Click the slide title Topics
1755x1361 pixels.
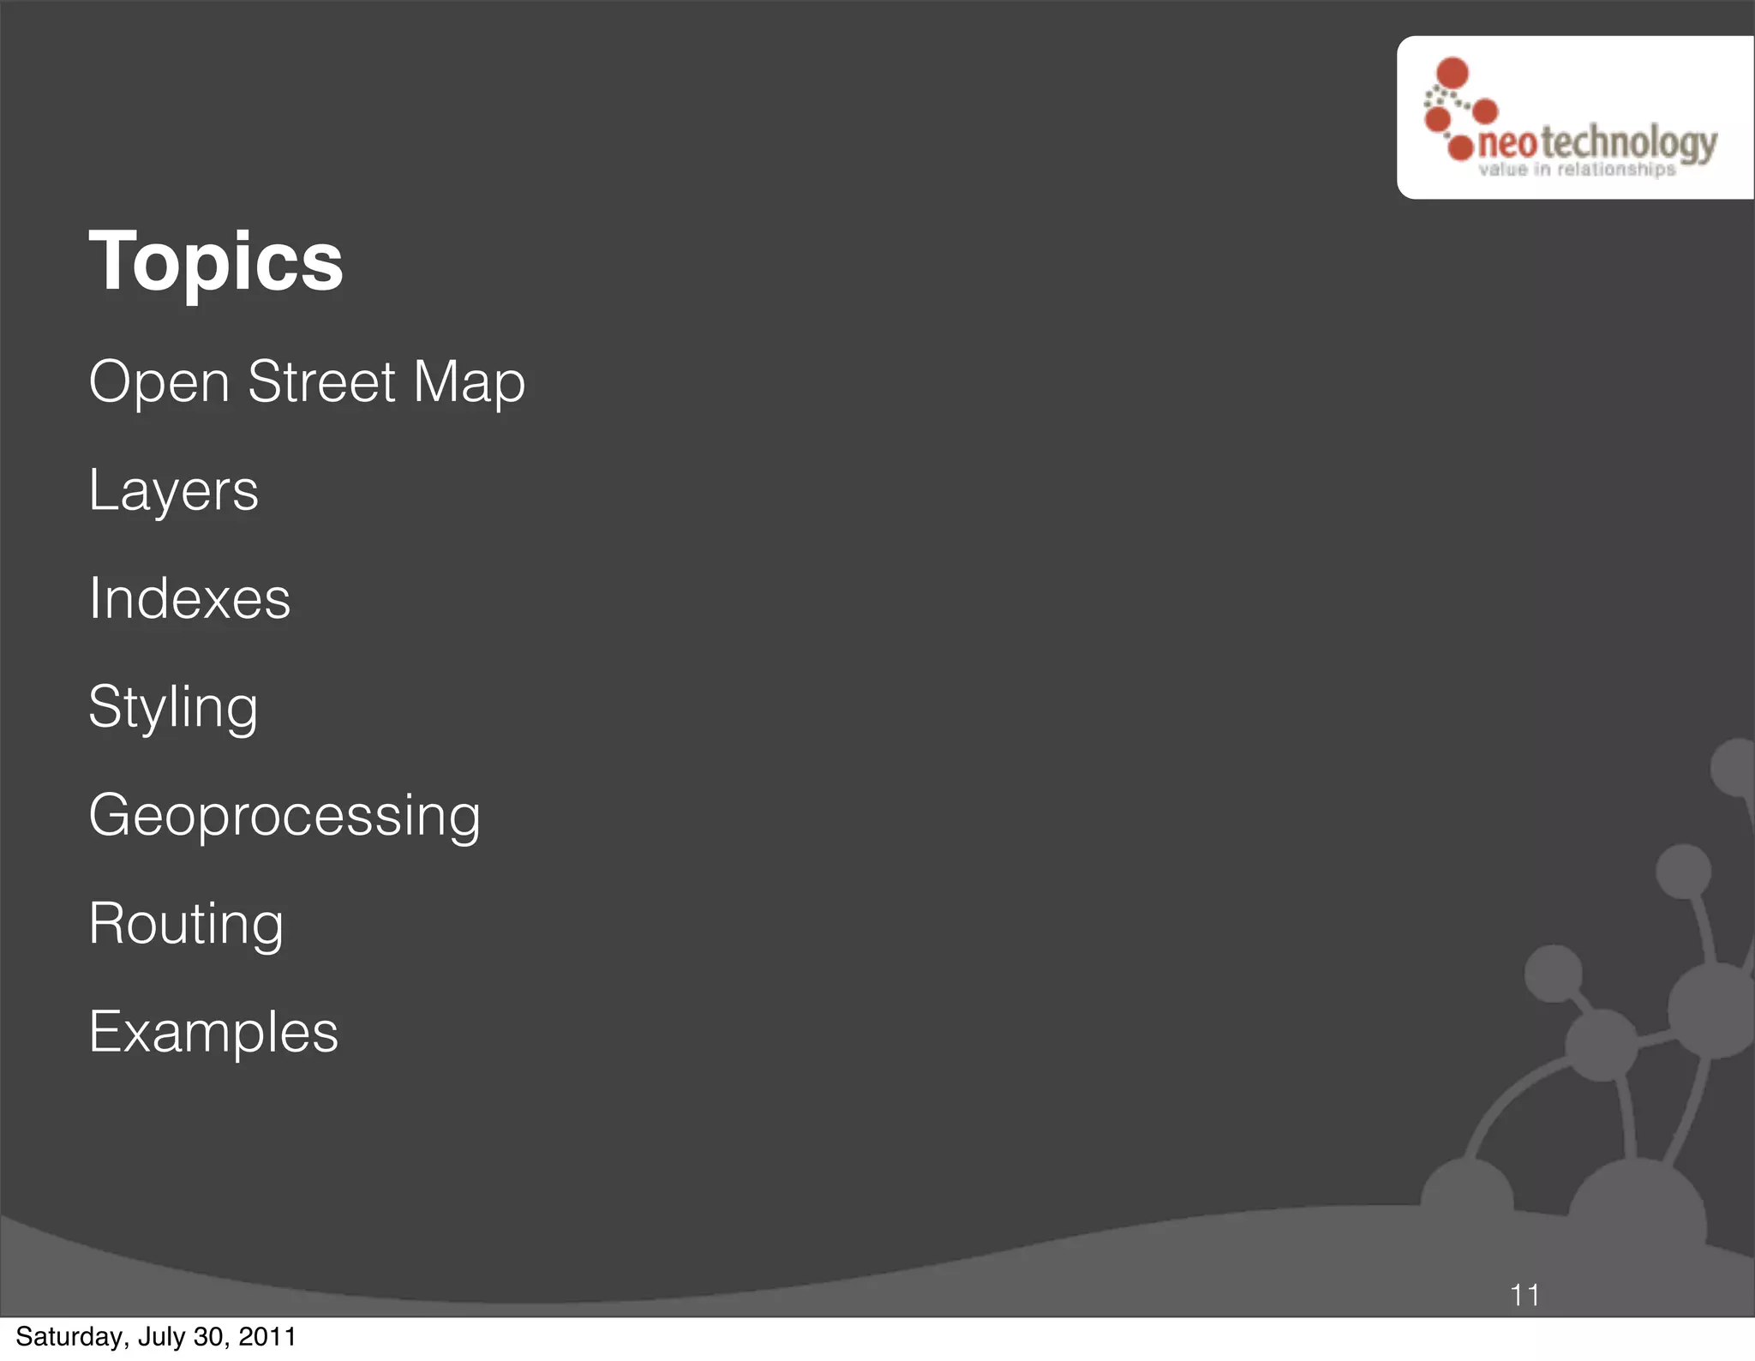coord(216,261)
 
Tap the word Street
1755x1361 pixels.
coord(321,381)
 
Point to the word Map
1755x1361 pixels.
coord(469,383)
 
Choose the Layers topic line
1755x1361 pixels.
coord(173,491)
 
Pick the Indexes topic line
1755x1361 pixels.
coord(189,598)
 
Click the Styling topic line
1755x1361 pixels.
coord(173,708)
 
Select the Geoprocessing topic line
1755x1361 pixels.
coord(285,816)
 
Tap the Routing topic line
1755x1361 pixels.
coord(186,925)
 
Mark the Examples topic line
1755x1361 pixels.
coord(213,1032)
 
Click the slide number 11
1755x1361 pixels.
coord(1524,1295)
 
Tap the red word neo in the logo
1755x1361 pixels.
coord(1507,143)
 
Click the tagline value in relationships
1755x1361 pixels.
coord(1577,170)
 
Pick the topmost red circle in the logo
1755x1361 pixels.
coord(1453,73)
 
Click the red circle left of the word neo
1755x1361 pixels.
coord(1460,147)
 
